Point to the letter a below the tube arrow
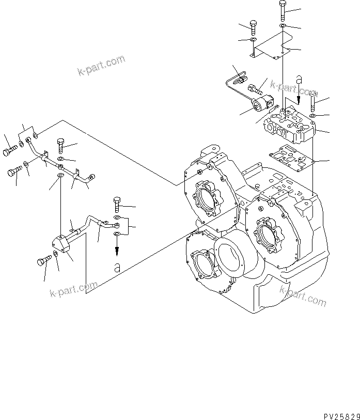(118, 267)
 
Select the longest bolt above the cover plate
(283, 11)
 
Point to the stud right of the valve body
(314, 105)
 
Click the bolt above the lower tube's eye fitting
(117, 204)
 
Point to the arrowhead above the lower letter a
(117, 251)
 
